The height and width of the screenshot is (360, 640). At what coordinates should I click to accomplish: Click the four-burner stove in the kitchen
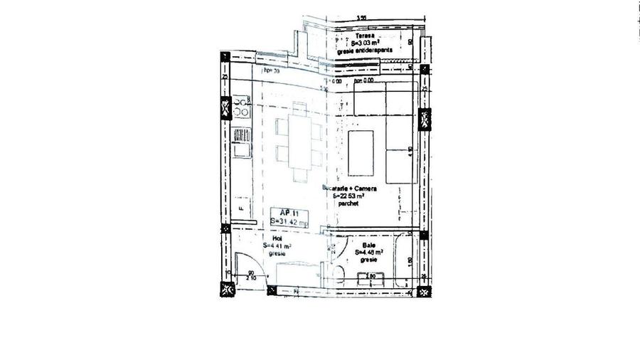point(241,108)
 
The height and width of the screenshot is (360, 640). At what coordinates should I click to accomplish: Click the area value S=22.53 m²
point(349,196)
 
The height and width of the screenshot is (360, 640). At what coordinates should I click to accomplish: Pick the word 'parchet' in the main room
point(348,203)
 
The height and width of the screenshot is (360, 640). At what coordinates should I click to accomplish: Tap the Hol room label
point(268,239)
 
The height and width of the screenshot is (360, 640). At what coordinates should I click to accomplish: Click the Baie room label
point(368,244)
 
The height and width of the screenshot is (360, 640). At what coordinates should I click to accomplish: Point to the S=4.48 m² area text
point(368,251)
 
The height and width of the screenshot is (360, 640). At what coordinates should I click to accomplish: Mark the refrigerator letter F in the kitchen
point(241,208)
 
